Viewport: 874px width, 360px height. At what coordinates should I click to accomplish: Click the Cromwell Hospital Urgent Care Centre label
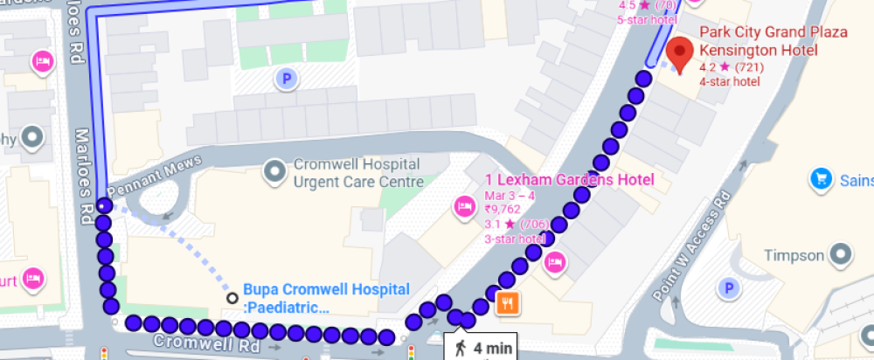(358, 173)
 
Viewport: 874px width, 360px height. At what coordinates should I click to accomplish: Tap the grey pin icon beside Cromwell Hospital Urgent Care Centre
(276, 170)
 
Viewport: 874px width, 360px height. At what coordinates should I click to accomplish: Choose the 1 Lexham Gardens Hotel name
(569, 180)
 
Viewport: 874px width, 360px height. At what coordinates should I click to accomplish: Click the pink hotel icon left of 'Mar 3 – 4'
(463, 207)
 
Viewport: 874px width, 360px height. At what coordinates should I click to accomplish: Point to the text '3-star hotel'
(513, 238)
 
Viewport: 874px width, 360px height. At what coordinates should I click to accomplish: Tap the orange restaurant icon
(508, 303)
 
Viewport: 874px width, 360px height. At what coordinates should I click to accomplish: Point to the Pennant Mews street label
(154, 174)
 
